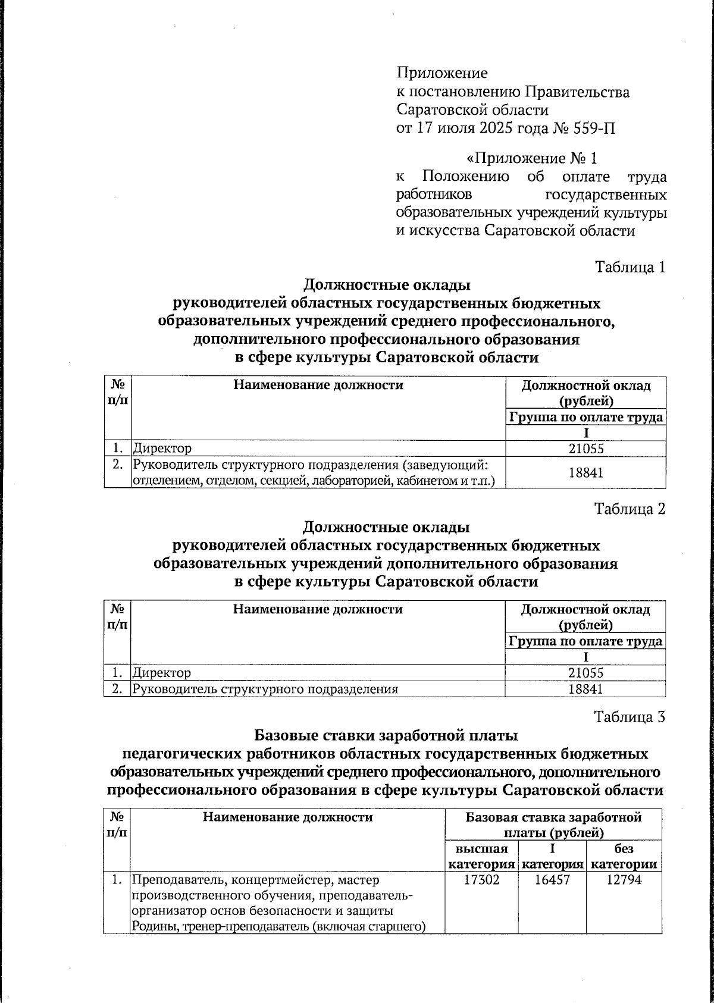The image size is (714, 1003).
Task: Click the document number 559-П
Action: pyautogui.click(x=593, y=128)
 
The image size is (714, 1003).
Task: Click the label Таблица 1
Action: pyautogui.click(x=630, y=267)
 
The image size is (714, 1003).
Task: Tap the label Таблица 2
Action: pyautogui.click(x=630, y=509)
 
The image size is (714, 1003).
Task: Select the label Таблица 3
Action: pyautogui.click(x=630, y=717)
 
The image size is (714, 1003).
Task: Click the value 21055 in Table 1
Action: pyautogui.click(x=585, y=449)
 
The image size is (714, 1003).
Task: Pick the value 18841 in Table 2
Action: pyautogui.click(x=585, y=689)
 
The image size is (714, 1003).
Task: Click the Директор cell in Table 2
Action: pyautogui.click(x=162, y=673)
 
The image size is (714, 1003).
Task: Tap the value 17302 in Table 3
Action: pyautogui.click(x=481, y=880)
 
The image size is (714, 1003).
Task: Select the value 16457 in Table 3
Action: pyautogui.click(x=552, y=880)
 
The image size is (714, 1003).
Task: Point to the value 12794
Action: pyautogui.click(x=624, y=880)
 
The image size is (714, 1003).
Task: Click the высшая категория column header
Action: pyautogui.click(x=481, y=857)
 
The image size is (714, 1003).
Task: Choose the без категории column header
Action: pyautogui.click(x=624, y=857)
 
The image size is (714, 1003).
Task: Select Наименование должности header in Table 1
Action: pyautogui.click(x=318, y=385)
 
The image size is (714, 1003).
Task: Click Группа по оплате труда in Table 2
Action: pyautogui.click(x=585, y=641)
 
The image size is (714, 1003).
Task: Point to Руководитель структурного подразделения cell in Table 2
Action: pyautogui.click(x=265, y=689)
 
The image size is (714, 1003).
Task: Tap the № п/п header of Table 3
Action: pyautogui.click(x=117, y=825)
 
